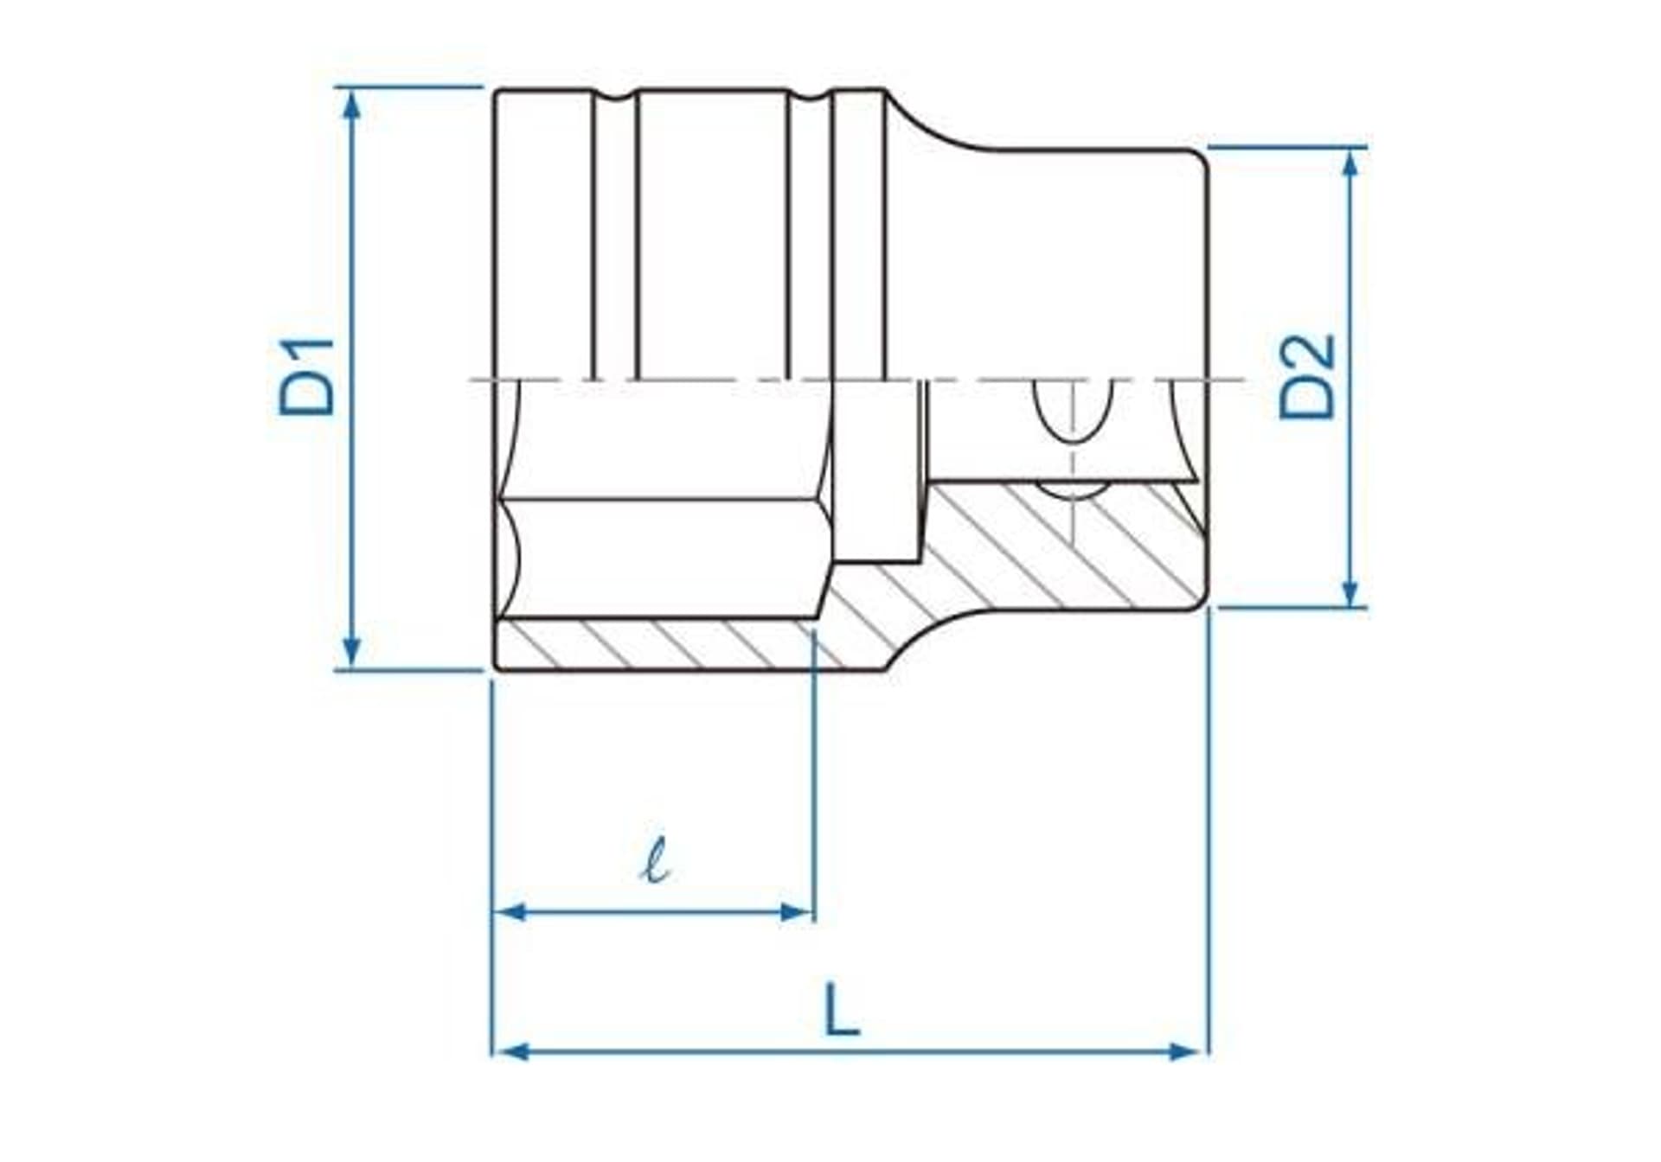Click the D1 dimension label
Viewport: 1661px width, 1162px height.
(x=306, y=377)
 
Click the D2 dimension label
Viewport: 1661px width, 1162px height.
(x=1307, y=377)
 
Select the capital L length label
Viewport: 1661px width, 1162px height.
(x=841, y=1010)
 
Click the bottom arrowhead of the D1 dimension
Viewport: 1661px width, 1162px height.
(x=351, y=650)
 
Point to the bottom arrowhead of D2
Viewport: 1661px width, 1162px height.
(x=1351, y=591)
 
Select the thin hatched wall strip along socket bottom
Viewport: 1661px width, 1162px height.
(x=657, y=645)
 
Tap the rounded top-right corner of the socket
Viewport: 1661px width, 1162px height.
(x=1199, y=157)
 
